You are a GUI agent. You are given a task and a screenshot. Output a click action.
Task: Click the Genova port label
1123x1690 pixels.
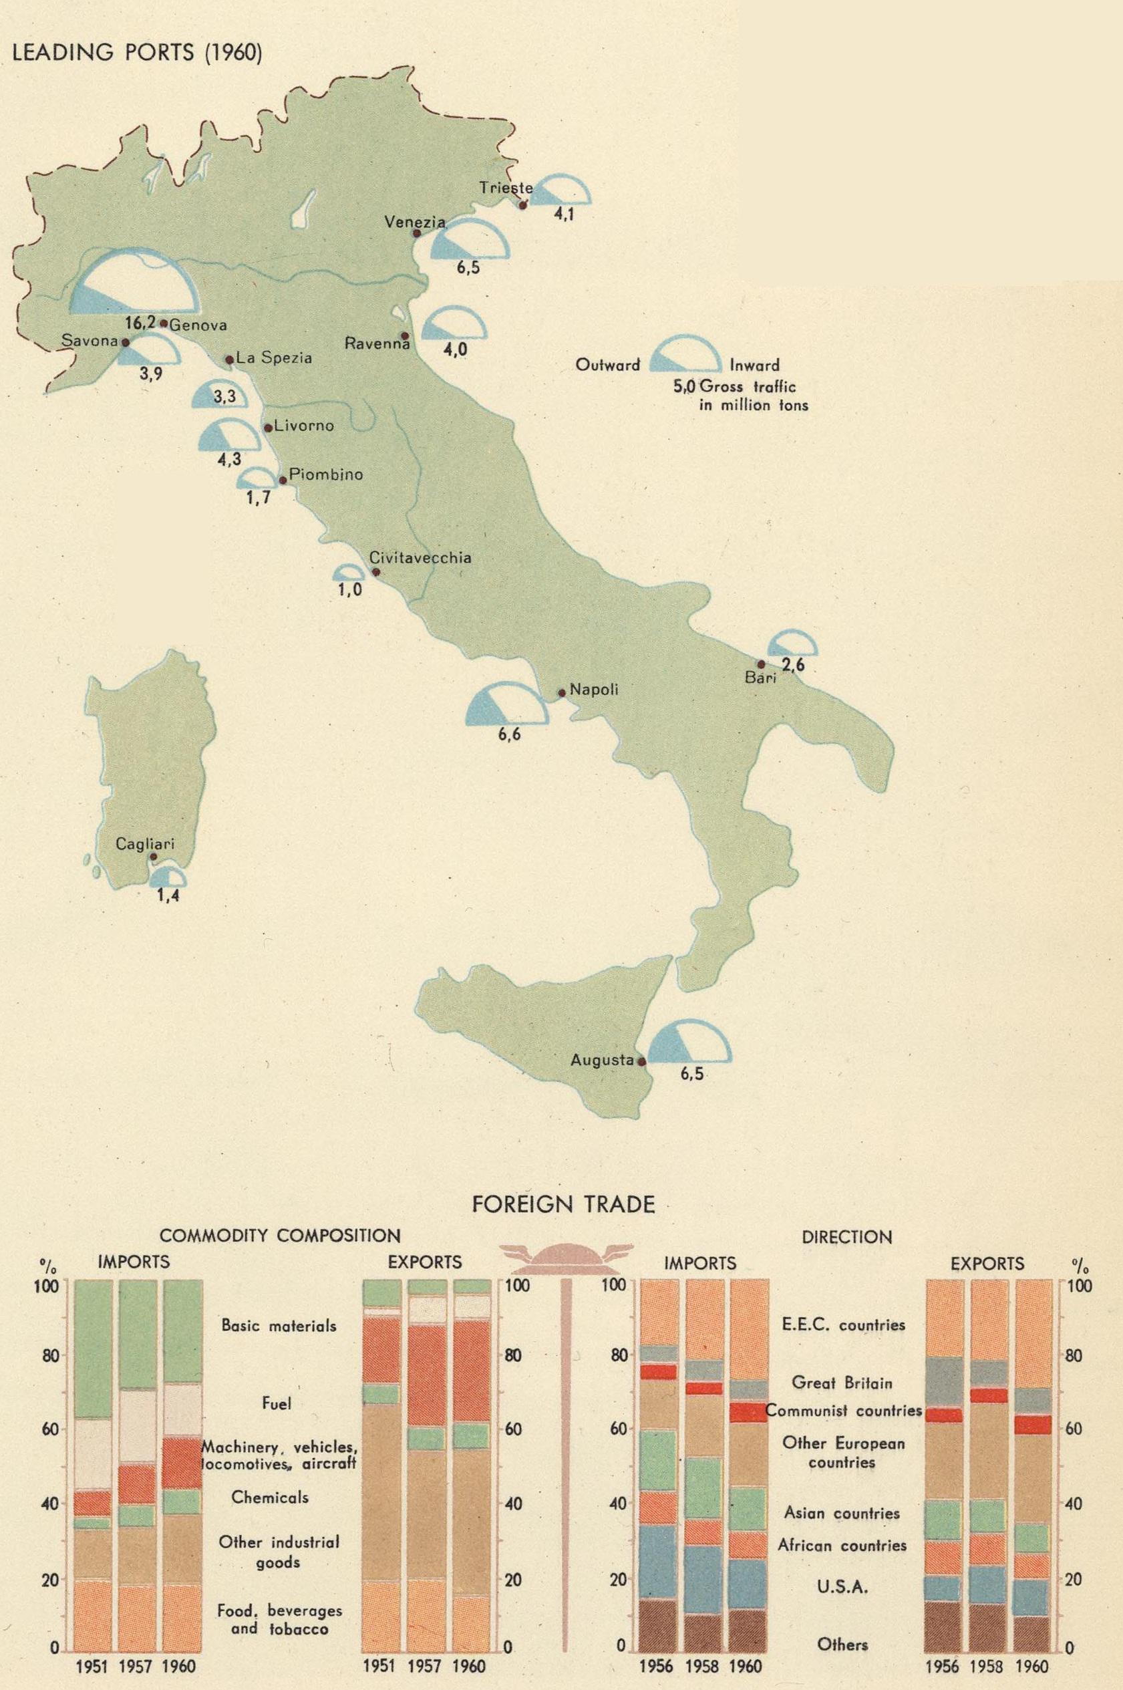tap(198, 325)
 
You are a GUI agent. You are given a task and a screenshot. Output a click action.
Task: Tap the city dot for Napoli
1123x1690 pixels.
tap(563, 693)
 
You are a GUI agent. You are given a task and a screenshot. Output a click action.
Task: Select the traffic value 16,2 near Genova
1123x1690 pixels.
tap(140, 323)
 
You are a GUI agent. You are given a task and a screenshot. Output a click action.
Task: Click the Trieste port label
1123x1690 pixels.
tap(506, 188)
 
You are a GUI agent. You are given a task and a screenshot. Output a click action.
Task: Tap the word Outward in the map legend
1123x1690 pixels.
tap(608, 366)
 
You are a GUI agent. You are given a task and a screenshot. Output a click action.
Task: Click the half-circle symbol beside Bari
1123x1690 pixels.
tap(792, 644)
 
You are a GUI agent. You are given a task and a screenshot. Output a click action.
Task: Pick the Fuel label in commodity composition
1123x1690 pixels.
tap(277, 1403)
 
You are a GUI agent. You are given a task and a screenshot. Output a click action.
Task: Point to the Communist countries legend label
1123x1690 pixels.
tap(844, 1411)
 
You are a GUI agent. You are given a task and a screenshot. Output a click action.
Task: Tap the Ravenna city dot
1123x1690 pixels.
tap(405, 335)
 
